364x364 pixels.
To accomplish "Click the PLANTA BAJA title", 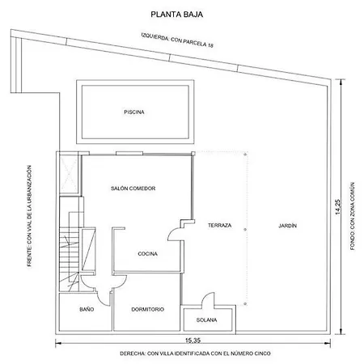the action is click(176, 15).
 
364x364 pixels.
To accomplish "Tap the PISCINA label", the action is click(134, 112).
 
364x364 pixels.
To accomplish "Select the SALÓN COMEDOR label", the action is click(133, 188).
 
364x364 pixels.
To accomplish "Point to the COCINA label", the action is click(147, 254).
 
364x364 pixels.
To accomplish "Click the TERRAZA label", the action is click(219, 225).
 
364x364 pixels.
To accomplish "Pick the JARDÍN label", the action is click(287, 226).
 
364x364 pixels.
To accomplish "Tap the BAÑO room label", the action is click(87, 309).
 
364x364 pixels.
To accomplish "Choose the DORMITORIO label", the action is click(147, 309).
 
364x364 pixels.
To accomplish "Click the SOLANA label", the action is click(206, 320).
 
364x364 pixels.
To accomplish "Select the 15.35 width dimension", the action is click(193, 341).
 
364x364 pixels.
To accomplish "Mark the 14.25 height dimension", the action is click(338, 207).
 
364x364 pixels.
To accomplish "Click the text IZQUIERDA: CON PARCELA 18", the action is click(177, 40).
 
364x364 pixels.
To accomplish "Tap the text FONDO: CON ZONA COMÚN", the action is click(353, 216).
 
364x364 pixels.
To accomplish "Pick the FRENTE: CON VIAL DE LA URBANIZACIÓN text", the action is click(29, 216).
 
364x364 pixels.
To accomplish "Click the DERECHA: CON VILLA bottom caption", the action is click(195, 353).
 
